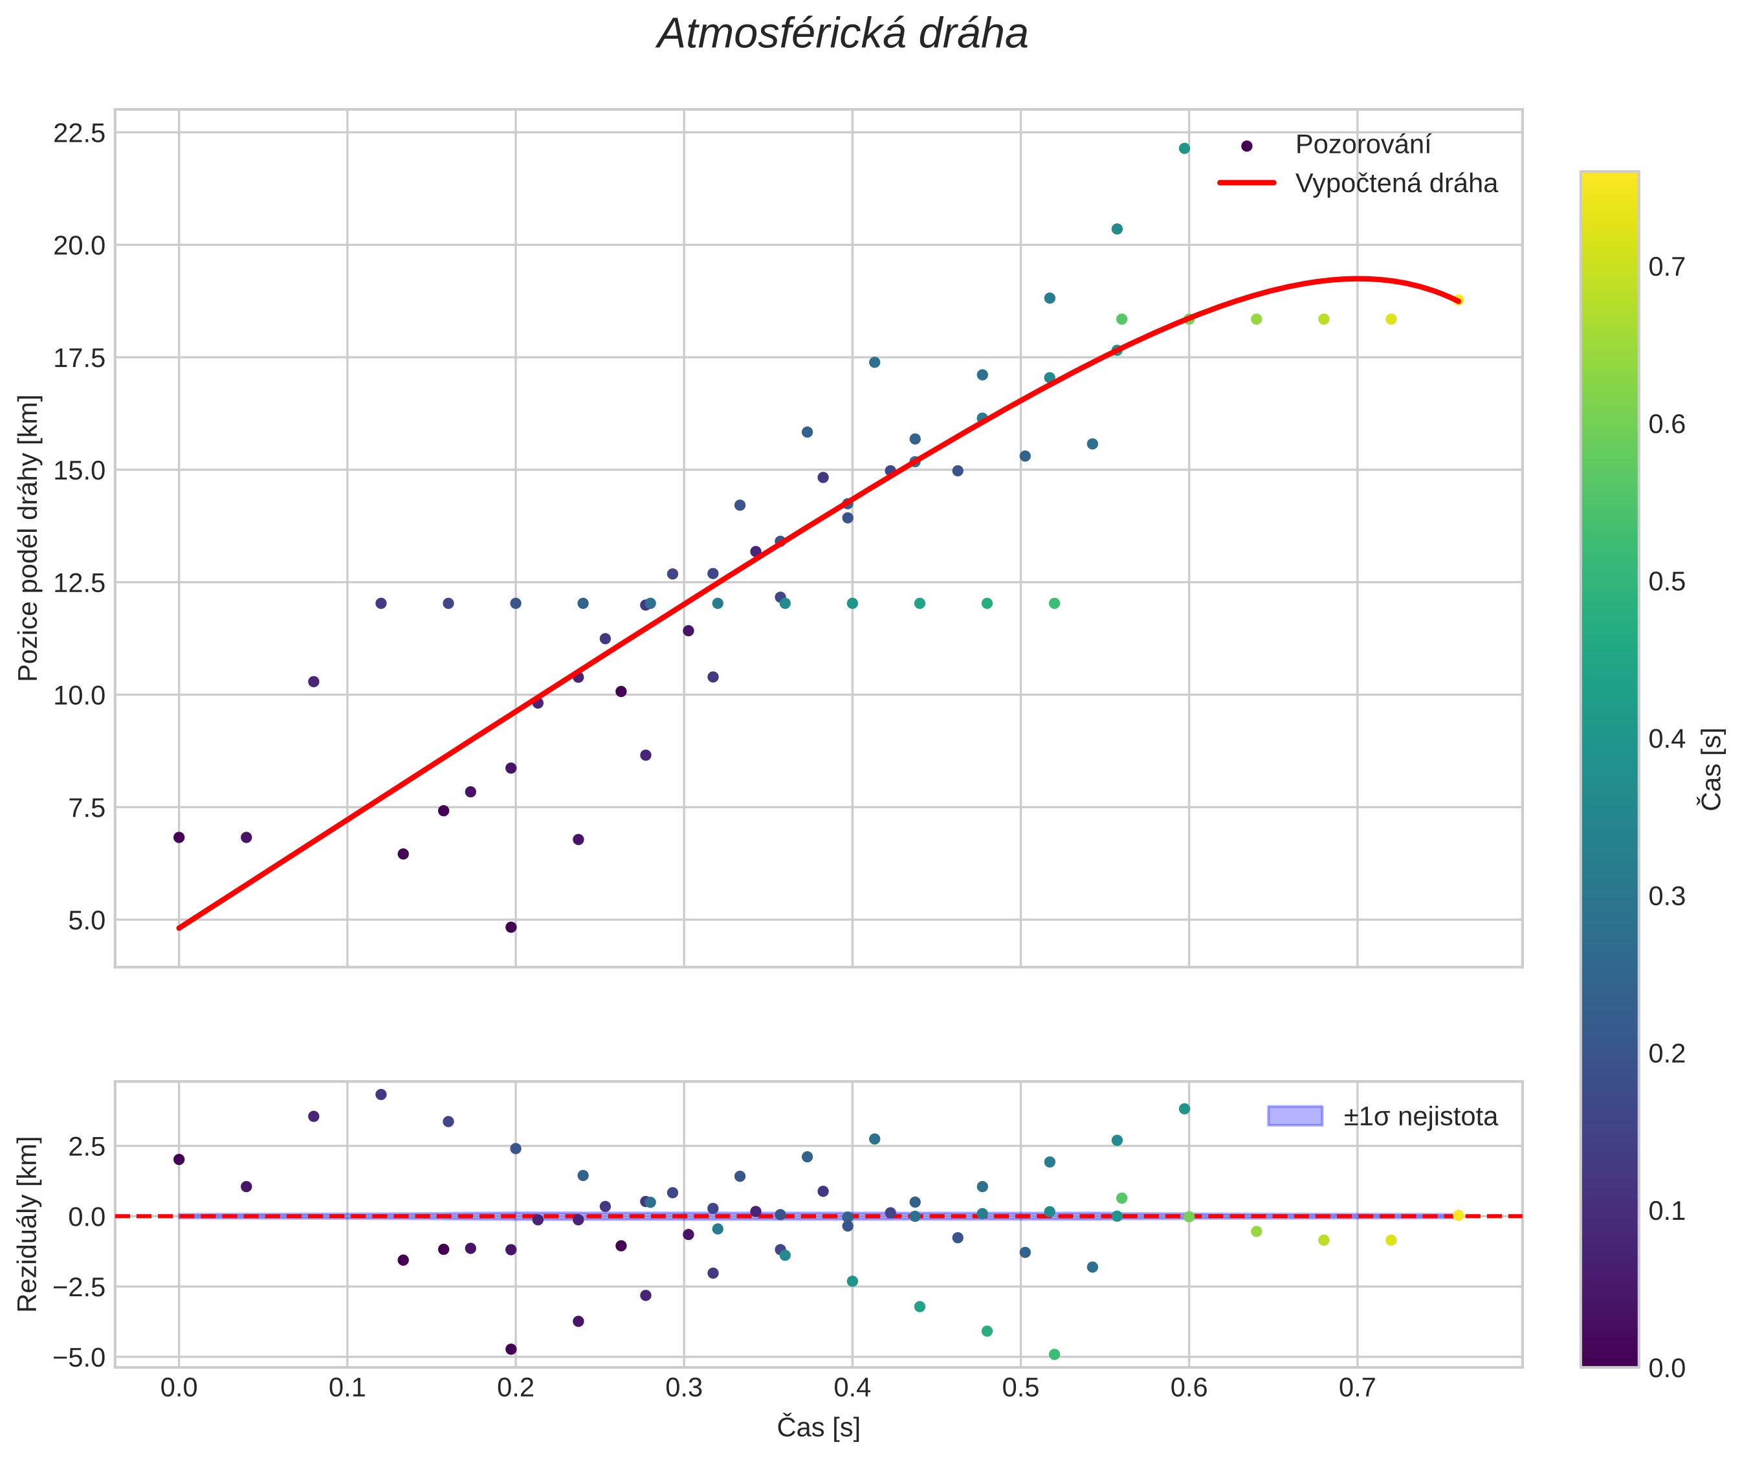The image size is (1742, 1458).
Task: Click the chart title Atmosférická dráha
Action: click(842, 35)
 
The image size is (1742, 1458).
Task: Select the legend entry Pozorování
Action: click(1362, 145)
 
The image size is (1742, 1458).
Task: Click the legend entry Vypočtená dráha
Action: click(1396, 183)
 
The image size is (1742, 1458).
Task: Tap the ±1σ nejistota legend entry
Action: click(1420, 1116)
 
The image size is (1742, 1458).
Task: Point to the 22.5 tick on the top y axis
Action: click(80, 133)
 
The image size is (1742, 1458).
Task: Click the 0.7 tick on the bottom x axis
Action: click(1357, 1387)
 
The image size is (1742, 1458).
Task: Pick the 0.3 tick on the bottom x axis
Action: click(683, 1387)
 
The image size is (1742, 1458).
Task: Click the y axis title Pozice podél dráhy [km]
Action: click(28, 537)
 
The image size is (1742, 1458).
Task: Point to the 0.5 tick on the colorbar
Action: click(1666, 581)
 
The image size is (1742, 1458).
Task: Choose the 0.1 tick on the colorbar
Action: click(1666, 1211)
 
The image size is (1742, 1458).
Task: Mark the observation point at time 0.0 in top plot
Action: click(179, 837)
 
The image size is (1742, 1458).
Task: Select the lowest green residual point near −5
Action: click(1054, 1354)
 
